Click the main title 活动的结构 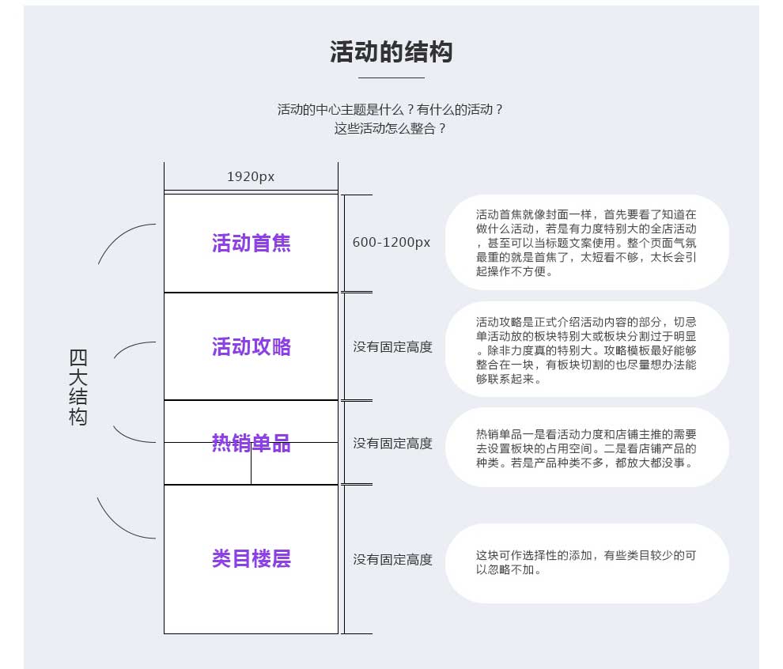pos(391,52)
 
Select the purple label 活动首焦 pos(252,243)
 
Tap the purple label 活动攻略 pos(252,346)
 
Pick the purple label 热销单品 pos(252,443)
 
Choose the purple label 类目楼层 pos(252,558)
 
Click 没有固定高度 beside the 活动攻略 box pos(392,347)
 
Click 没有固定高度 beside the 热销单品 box pos(392,444)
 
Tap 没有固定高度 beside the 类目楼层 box pos(392,560)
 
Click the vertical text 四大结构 pos(78,387)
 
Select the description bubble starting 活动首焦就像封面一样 pos(587,243)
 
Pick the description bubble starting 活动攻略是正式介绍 pos(587,350)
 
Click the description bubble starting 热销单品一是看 pos(587,448)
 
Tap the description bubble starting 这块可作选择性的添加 pos(587,563)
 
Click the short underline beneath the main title pos(391,77)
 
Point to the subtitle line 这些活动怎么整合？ pos(389,129)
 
